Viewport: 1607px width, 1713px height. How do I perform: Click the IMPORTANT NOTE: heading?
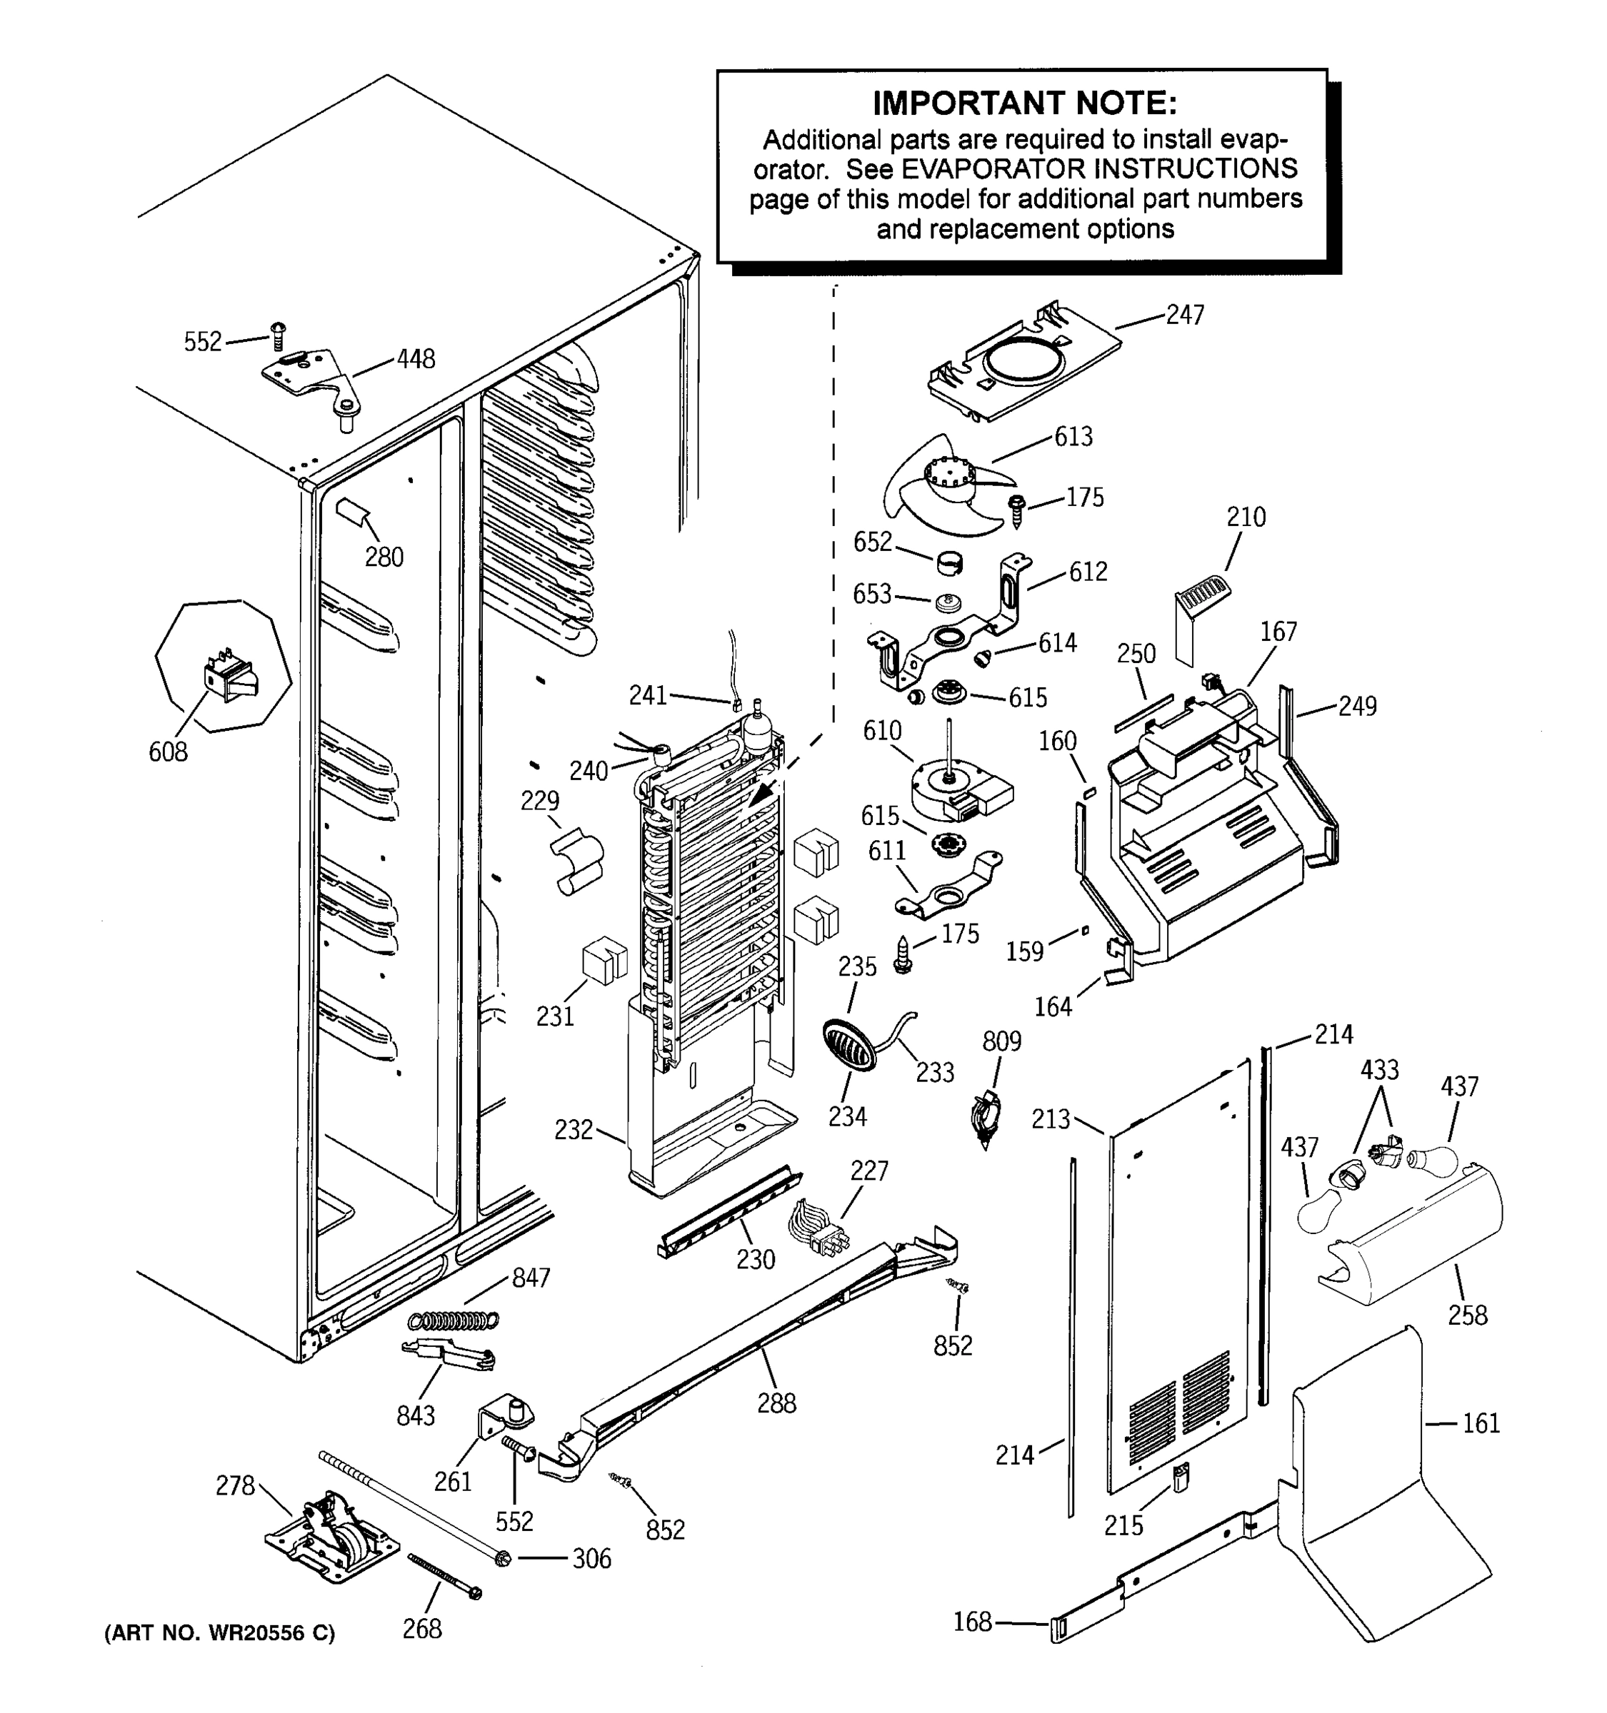click(x=1024, y=103)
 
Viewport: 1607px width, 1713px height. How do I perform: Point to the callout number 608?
click(x=167, y=752)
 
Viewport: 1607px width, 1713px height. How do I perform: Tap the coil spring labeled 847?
click(x=454, y=1319)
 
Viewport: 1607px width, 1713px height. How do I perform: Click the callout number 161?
click(x=1481, y=1423)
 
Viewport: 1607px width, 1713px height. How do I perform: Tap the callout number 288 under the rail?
click(x=776, y=1403)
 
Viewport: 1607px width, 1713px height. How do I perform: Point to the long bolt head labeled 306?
click(x=503, y=1558)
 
